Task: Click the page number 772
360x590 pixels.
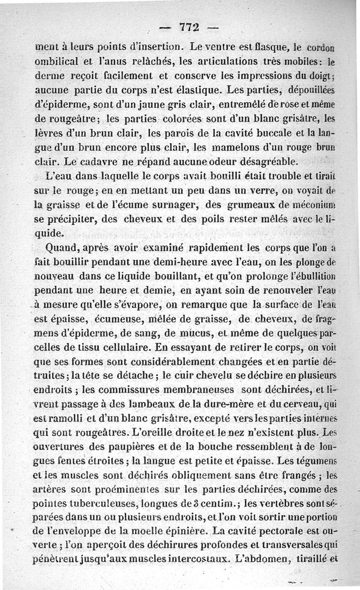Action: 189,27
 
